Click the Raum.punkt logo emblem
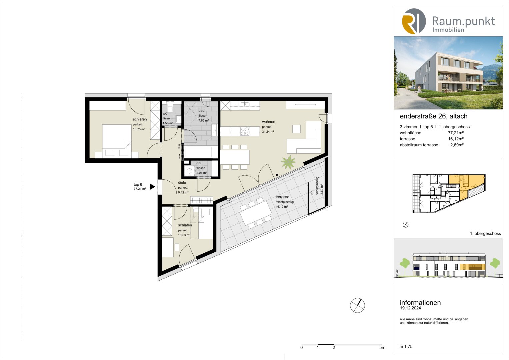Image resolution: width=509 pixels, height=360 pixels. tap(414, 21)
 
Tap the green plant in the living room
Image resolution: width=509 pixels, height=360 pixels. tap(288, 162)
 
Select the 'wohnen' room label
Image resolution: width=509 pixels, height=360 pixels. tap(268, 122)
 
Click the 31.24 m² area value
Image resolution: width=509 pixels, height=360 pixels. tap(268, 132)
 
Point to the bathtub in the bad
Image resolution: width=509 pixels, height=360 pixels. tap(199, 152)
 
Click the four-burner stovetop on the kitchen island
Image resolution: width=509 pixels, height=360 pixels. tap(245, 131)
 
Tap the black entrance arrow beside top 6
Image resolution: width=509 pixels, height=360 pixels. tap(152, 187)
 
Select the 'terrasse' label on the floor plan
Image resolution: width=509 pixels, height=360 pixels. tap(282, 197)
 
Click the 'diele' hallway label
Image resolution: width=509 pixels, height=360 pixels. tap(182, 183)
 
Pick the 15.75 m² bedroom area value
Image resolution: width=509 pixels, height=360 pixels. tap(139, 129)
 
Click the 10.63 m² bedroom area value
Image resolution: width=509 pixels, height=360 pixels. tap(184, 235)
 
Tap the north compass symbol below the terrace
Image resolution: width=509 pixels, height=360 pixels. tap(357, 305)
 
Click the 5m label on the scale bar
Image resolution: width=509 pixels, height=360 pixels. tap(382, 348)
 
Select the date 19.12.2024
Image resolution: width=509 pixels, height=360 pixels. tap(410, 308)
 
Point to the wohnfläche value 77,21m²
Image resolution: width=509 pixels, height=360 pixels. tap(456, 133)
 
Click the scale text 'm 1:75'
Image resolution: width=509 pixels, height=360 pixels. tap(406, 347)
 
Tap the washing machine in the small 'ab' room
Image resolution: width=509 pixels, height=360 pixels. tap(190, 171)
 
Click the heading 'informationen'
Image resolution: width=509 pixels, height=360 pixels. tap(420, 303)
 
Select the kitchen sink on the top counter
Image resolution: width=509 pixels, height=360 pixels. tap(245, 105)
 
